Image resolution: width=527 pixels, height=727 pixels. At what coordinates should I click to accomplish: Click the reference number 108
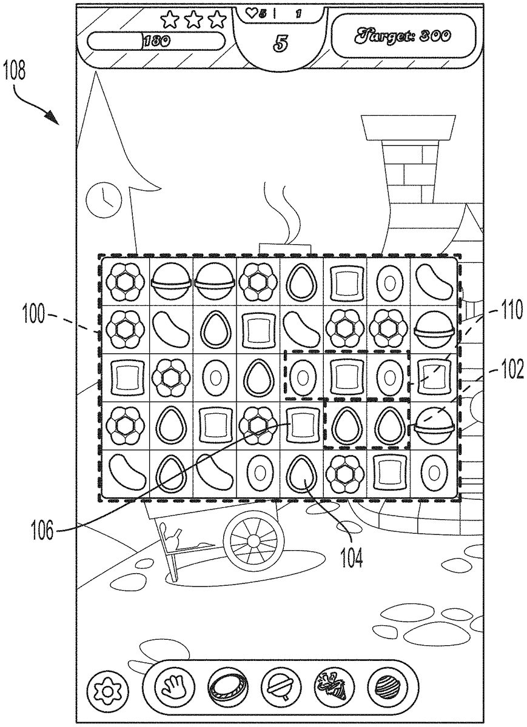[18, 72]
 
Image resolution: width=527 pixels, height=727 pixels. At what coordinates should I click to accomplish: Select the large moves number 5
[281, 43]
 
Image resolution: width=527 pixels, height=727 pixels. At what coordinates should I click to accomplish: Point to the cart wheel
[253, 539]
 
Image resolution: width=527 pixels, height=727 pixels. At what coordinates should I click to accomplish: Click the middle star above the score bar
[193, 20]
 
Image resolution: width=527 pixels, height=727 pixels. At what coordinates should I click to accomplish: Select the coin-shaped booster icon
[226, 688]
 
